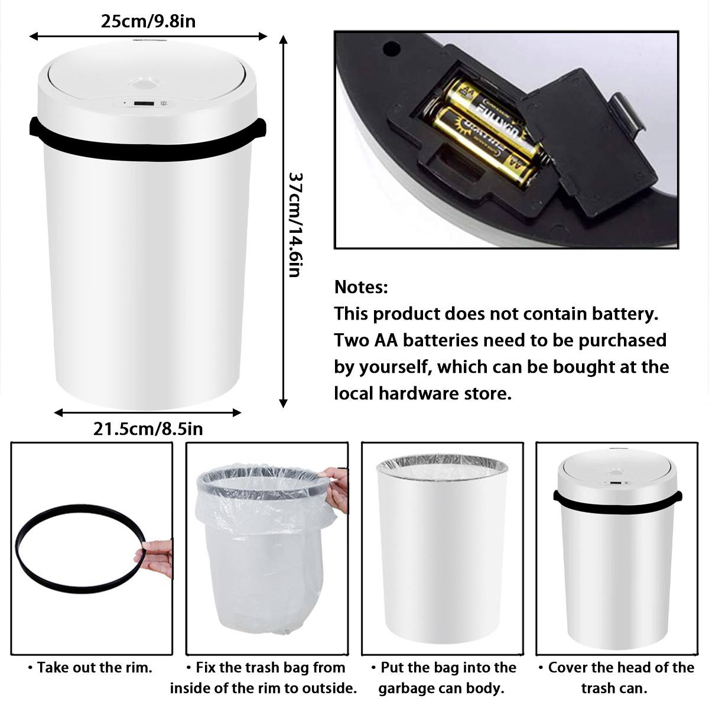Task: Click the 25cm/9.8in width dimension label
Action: click(x=148, y=21)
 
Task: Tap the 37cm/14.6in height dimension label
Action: click(x=295, y=224)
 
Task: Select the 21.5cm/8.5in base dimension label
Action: click(x=148, y=428)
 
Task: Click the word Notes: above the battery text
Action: click(x=361, y=288)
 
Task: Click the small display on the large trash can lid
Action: click(x=142, y=104)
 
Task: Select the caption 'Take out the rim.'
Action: click(x=90, y=668)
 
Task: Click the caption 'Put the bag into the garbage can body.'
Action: click(x=443, y=678)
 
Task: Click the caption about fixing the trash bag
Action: click(x=264, y=678)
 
